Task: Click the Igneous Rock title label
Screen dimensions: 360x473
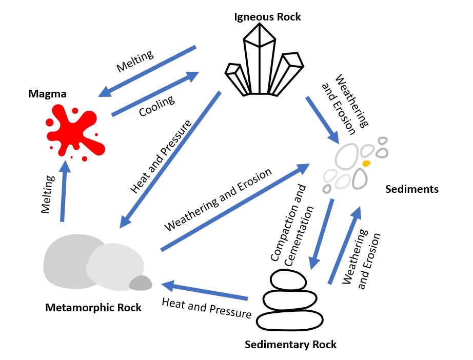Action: [x=267, y=17]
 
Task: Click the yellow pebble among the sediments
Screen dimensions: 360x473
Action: [x=366, y=163]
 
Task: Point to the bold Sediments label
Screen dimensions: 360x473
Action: [x=412, y=189]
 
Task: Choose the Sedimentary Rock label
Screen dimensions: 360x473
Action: [x=291, y=344]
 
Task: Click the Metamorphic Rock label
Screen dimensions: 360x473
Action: [x=93, y=308]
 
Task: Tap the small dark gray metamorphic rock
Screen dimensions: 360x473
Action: [x=141, y=283]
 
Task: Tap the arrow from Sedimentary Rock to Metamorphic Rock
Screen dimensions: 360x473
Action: [x=205, y=290]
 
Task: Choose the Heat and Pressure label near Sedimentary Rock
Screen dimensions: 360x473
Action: [x=206, y=308]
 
